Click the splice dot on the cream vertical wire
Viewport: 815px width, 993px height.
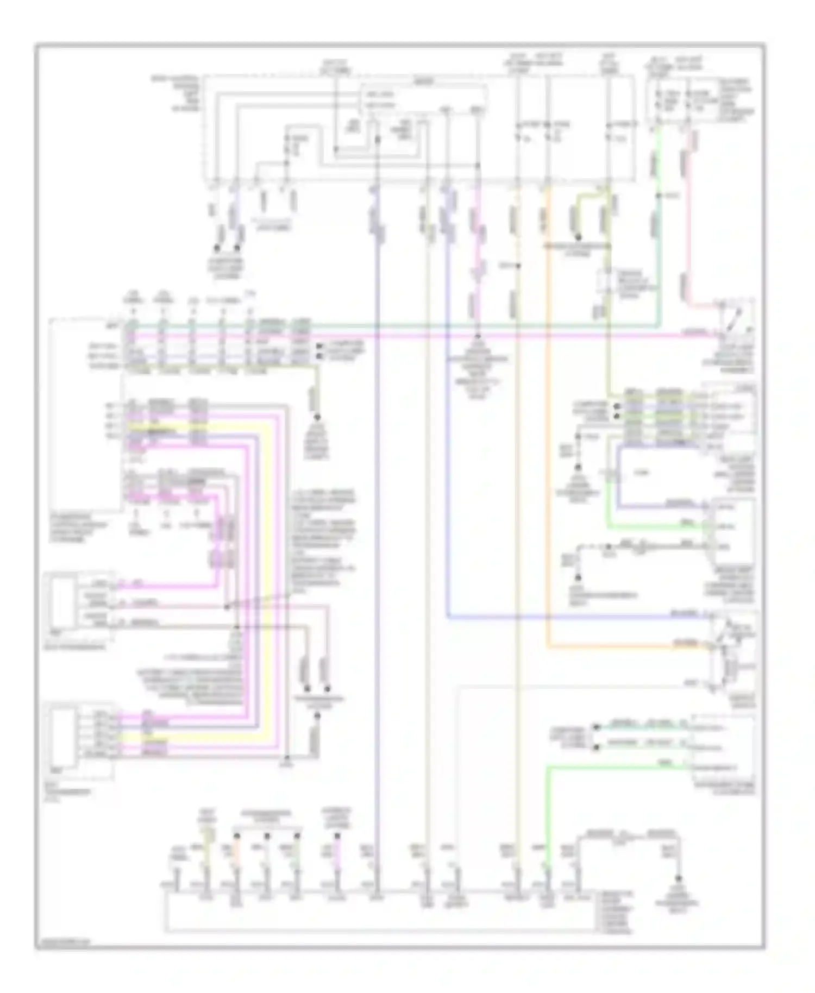coord(519,266)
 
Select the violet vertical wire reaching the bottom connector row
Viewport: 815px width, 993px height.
coord(376,543)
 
